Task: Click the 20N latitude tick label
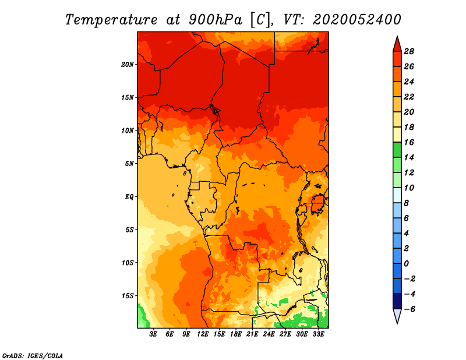coord(128,65)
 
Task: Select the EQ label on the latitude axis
coord(129,197)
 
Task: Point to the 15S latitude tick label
coord(128,296)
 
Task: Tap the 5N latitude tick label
coord(129,164)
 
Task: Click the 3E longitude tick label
coord(153,334)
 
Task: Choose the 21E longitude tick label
coord(252,334)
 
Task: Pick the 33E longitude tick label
coord(318,334)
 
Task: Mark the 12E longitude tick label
coord(203,334)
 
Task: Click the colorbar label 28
coord(409,51)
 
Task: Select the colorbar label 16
coord(409,142)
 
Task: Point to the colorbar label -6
coord(409,309)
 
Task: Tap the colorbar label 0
coord(406,264)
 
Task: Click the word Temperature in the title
coord(111,20)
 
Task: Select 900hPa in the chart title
coord(216,20)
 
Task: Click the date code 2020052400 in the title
coord(357,20)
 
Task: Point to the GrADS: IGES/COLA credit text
coord(33,356)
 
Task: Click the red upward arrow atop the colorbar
coord(397,44)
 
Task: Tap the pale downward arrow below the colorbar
coord(397,316)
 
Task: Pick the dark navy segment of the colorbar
coord(397,301)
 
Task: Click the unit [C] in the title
coord(260,20)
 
